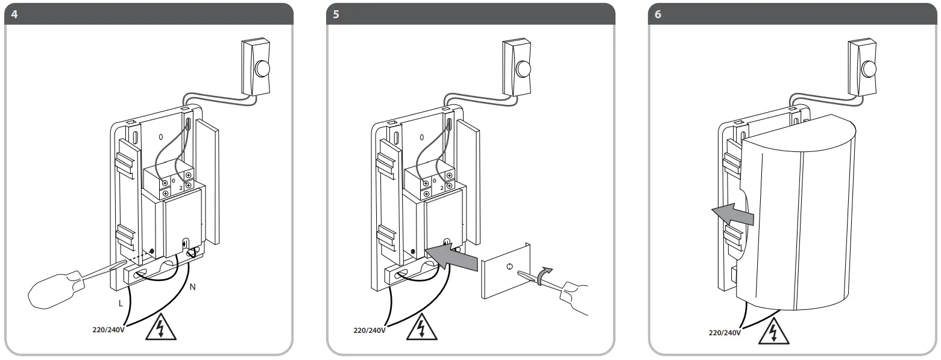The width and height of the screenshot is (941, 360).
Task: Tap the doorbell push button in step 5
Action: pos(523,68)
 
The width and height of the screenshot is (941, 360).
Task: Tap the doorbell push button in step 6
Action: pos(868,68)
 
